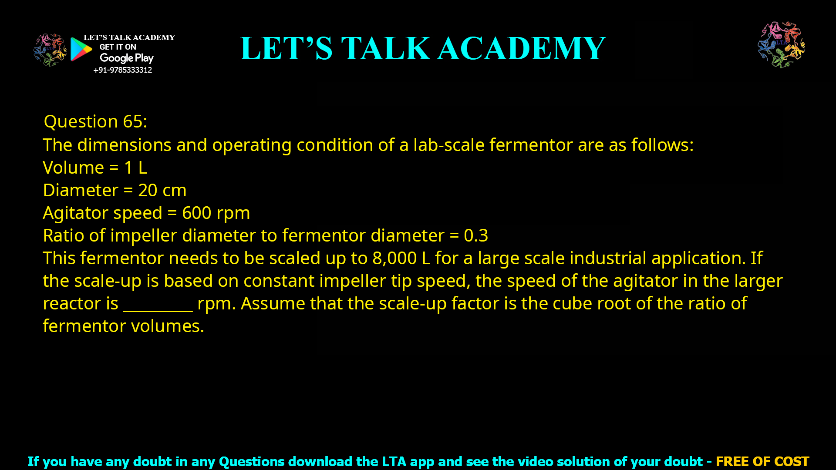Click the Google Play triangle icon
pyautogui.click(x=81, y=49)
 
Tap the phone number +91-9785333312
pyautogui.click(x=122, y=70)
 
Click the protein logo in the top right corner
pyautogui.click(x=781, y=45)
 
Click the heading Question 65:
pyautogui.click(x=95, y=121)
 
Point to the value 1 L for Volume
pyautogui.click(x=135, y=168)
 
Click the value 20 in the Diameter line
pyautogui.click(x=148, y=191)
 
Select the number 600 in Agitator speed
pyautogui.click(x=196, y=213)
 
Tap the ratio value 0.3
pyautogui.click(x=475, y=236)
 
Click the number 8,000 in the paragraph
pyautogui.click(x=394, y=258)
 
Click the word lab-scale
pyautogui.click(x=448, y=145)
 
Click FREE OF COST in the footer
pyautogui.click(x=762, y=461)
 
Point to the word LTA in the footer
pyautogui.click(x=394, y=461)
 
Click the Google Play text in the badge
pyautogui.click(x=126, y=58)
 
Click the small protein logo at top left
pyautogui.click(x=50, y=50)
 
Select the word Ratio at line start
pyautogui.click(x=64, y=236)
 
